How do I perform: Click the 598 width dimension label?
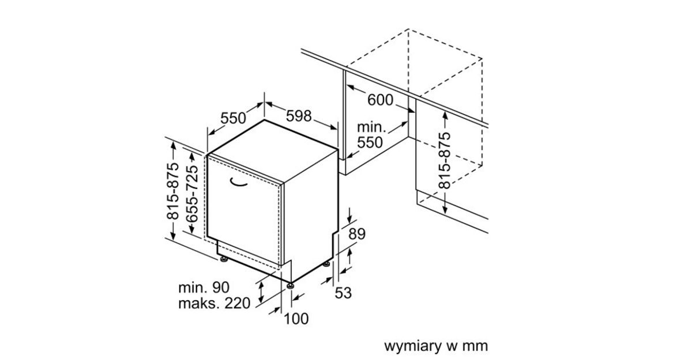[299, 116]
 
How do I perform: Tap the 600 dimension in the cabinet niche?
[380, 100]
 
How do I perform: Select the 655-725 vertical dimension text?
[192, 194]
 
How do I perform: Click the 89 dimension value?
[357, 234]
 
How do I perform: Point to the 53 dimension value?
[343, 293]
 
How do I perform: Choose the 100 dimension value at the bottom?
[296, 319]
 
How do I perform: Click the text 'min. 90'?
[204, 288]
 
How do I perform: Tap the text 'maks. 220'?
[215, 303]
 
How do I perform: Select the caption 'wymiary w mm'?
[436, 346]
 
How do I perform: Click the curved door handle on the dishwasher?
[238, 183]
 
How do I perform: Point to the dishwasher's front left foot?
[224, 259]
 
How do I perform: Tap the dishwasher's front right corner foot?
[290, 286]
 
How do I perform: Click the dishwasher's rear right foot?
[326, 264]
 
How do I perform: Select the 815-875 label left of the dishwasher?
[172, 191]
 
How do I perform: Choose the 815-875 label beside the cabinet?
[445, 160]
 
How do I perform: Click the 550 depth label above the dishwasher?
[233, 118]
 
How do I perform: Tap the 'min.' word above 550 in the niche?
[371, 127]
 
